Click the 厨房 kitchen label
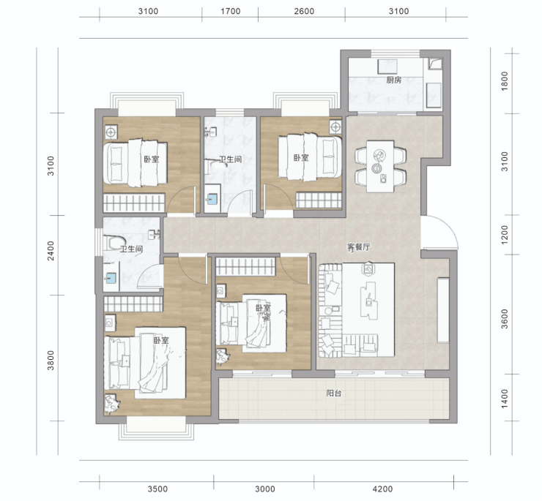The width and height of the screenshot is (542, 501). click(394, 80)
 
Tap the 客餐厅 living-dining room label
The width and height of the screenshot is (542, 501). click(358, 247)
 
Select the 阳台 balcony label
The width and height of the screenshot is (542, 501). click(334, 393)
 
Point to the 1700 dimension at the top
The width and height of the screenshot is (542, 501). click(231, 12)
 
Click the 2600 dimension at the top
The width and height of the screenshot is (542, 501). click(304, 12)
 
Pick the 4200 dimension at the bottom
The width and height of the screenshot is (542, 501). click(382, 489)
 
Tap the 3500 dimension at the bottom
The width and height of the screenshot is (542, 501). click(157, 489)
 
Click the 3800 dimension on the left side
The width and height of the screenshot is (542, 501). click(51, 360)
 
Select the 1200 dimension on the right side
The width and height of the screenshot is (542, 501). click(505, 235)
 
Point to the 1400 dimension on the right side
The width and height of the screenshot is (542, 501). click(505, 399)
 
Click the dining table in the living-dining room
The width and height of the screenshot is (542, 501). click(380, 167)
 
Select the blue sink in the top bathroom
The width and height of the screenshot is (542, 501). click(212, 198)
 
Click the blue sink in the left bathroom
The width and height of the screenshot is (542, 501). click(111, 277)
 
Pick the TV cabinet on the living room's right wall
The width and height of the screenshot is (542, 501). click(443, 310)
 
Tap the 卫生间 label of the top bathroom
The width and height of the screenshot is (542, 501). click(230, 159)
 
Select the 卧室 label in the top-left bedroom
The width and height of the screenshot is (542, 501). click(152, 159)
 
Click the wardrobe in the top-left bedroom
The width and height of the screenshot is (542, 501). click(134, 203)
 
